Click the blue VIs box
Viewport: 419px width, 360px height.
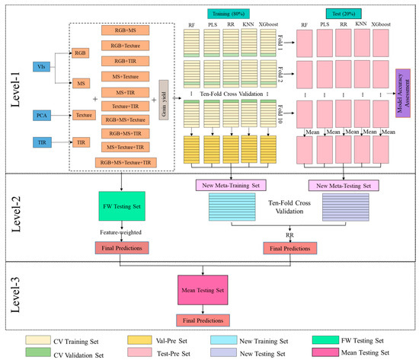tap(43, 66)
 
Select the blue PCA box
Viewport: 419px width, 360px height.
tap(43, 115)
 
